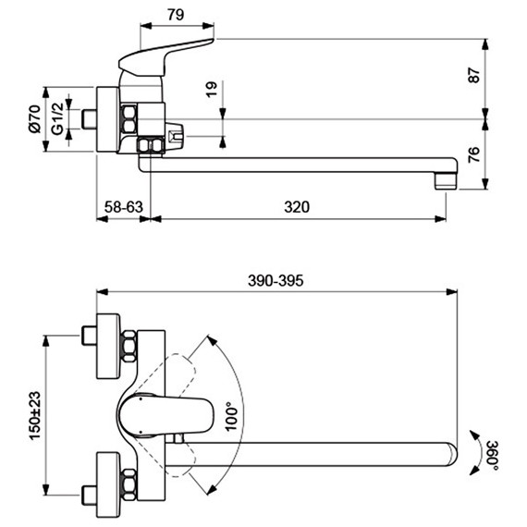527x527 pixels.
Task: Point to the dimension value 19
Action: pos(212,90)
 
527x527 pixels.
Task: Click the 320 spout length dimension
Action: pos(296,207)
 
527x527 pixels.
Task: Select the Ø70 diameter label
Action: pos(35,120)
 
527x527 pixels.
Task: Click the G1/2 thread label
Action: pos(57,120)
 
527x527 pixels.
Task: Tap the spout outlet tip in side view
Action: pos(447,177)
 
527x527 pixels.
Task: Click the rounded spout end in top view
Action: pos(448,452)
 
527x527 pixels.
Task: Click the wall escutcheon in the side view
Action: pos(105,120)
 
